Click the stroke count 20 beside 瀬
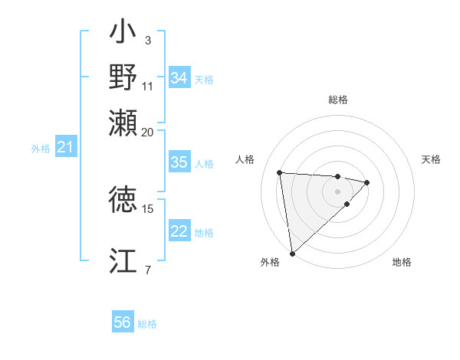coord(148,132)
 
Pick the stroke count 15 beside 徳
coord(148,208)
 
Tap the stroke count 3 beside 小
coord(147,39)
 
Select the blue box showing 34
coord(179,79)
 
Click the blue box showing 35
coord(179,162)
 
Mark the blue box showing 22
coord(179,232)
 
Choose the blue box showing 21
coord(65,148)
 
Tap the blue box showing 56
coord(123,322)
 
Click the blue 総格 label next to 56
coord(147,324)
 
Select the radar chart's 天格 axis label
coord(431,159)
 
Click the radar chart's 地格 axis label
coord(402,262)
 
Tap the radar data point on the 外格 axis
coord(292,254)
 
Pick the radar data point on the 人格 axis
coord(280,172)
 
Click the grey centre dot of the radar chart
coord(337,191)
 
